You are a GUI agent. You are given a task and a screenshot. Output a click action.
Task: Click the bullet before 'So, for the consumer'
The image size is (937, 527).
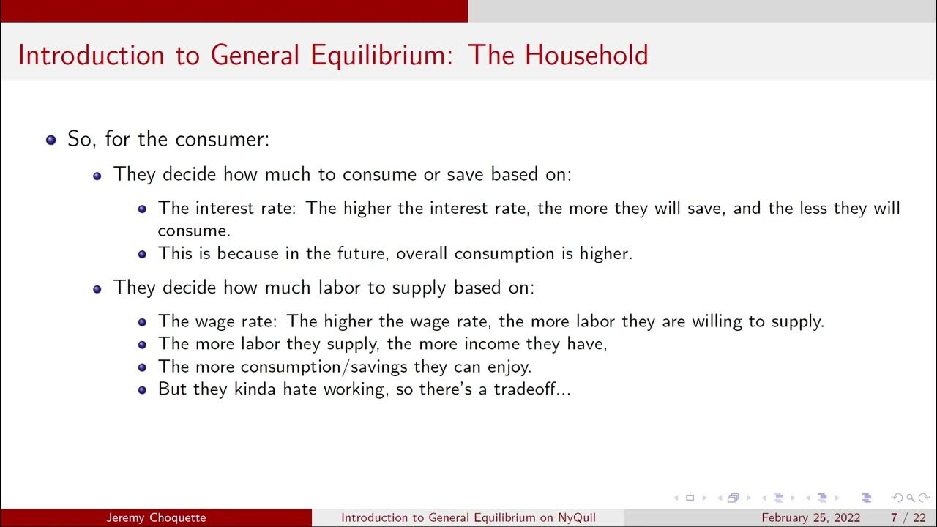pos(51,139)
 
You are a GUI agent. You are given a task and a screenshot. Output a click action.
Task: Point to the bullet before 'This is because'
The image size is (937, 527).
pos(142,254)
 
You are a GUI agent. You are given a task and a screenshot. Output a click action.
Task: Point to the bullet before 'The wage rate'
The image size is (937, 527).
pos(142,321)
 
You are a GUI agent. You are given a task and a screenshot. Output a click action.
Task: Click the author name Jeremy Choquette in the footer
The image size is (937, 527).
pos(156,518)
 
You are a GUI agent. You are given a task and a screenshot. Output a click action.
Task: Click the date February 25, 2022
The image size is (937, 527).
pos(810,518)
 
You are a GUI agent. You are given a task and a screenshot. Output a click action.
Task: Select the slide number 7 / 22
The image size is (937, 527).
pos(907,518)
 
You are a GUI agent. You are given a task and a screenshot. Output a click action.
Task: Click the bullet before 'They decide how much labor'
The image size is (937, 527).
pos(97,288)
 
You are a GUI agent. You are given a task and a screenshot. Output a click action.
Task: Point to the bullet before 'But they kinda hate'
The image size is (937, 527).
pos(142,389)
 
